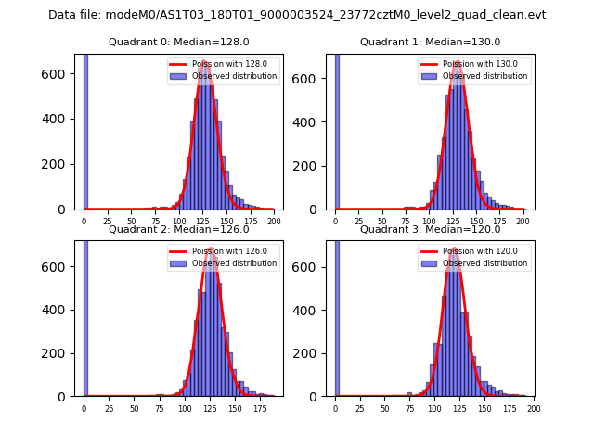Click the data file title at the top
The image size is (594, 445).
[x=297, y=15]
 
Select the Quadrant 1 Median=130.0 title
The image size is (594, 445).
[x=430, y=42]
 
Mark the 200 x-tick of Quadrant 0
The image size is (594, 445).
[x=274, y=222]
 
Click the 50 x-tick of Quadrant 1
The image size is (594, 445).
[x=382, y=222]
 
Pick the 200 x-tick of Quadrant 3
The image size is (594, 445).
[x=533, y=408]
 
